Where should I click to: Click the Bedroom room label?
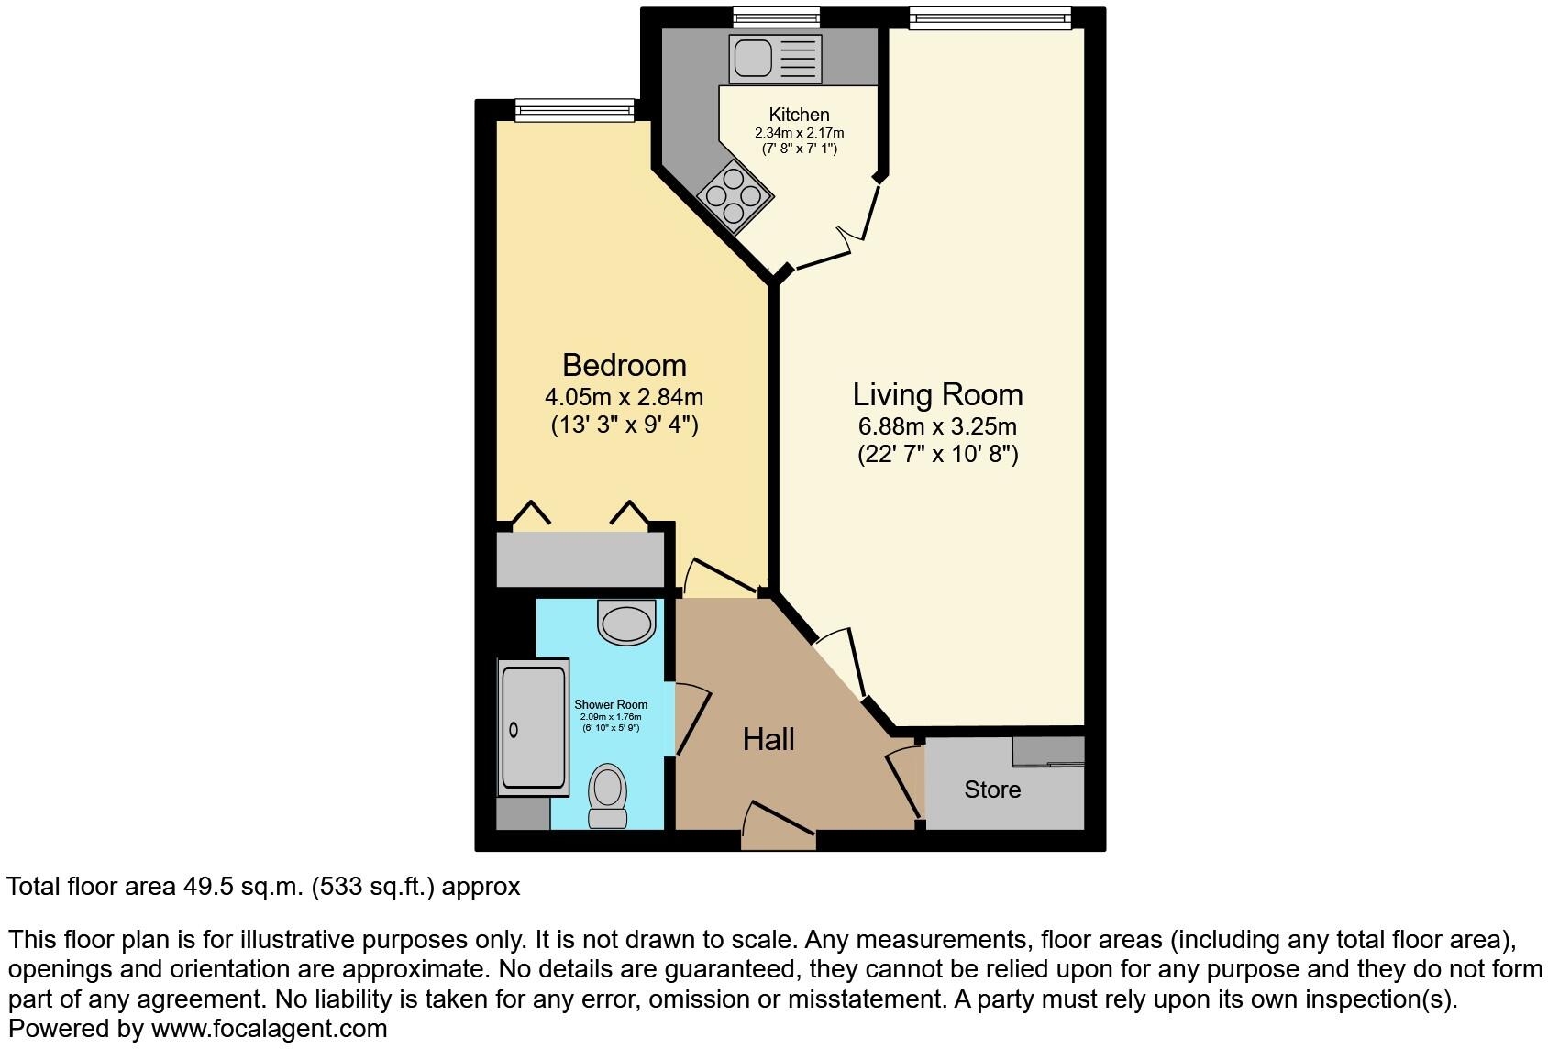(x=624, y=365)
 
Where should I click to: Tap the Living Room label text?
(x=937, y=394)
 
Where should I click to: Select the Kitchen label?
(x=799, y=115)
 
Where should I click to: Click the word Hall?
(x=768, y=739)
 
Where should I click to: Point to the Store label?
(x=992, y=790)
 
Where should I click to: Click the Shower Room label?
(x=611, y=704)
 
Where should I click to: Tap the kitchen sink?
(x=775, y=58)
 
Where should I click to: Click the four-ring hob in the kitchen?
(x=734, y=195)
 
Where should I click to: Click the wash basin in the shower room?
(x=626, y=622)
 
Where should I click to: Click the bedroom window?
(x=574, y=110)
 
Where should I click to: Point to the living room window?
(x=990, y=17)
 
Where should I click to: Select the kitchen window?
(x=776, y=17)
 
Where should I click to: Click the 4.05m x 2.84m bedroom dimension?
(x=624, y=397)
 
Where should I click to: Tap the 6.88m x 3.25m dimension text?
(x=937, y=426)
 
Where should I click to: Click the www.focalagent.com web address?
(x=269, y=1029)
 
